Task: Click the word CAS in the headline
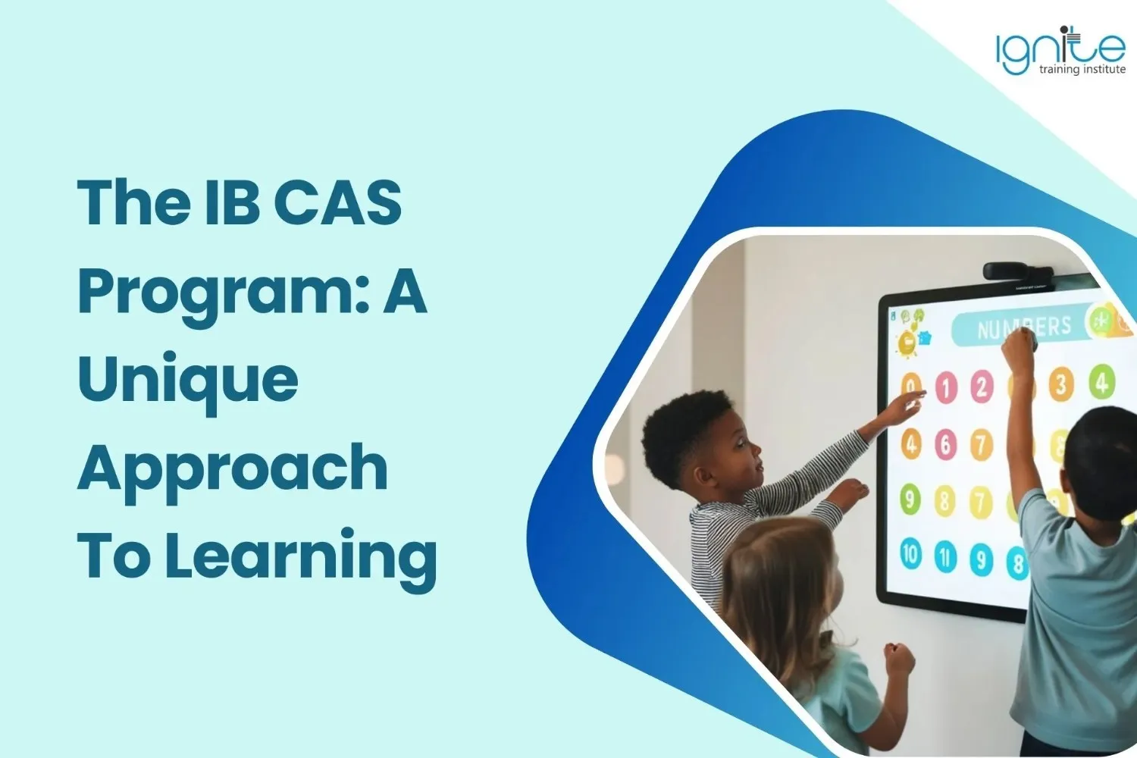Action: point(338,203)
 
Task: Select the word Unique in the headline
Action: point(188,377)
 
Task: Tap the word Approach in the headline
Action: point(233,467)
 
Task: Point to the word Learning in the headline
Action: point(301,554)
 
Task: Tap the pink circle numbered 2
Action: point(982,386)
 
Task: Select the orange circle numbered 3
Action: point(1061,384)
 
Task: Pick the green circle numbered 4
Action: point(1102,381)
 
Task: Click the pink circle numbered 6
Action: point(946,444)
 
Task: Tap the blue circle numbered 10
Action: point(911,553)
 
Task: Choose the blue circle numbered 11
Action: point(946,557)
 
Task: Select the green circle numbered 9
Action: point(910,498)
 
